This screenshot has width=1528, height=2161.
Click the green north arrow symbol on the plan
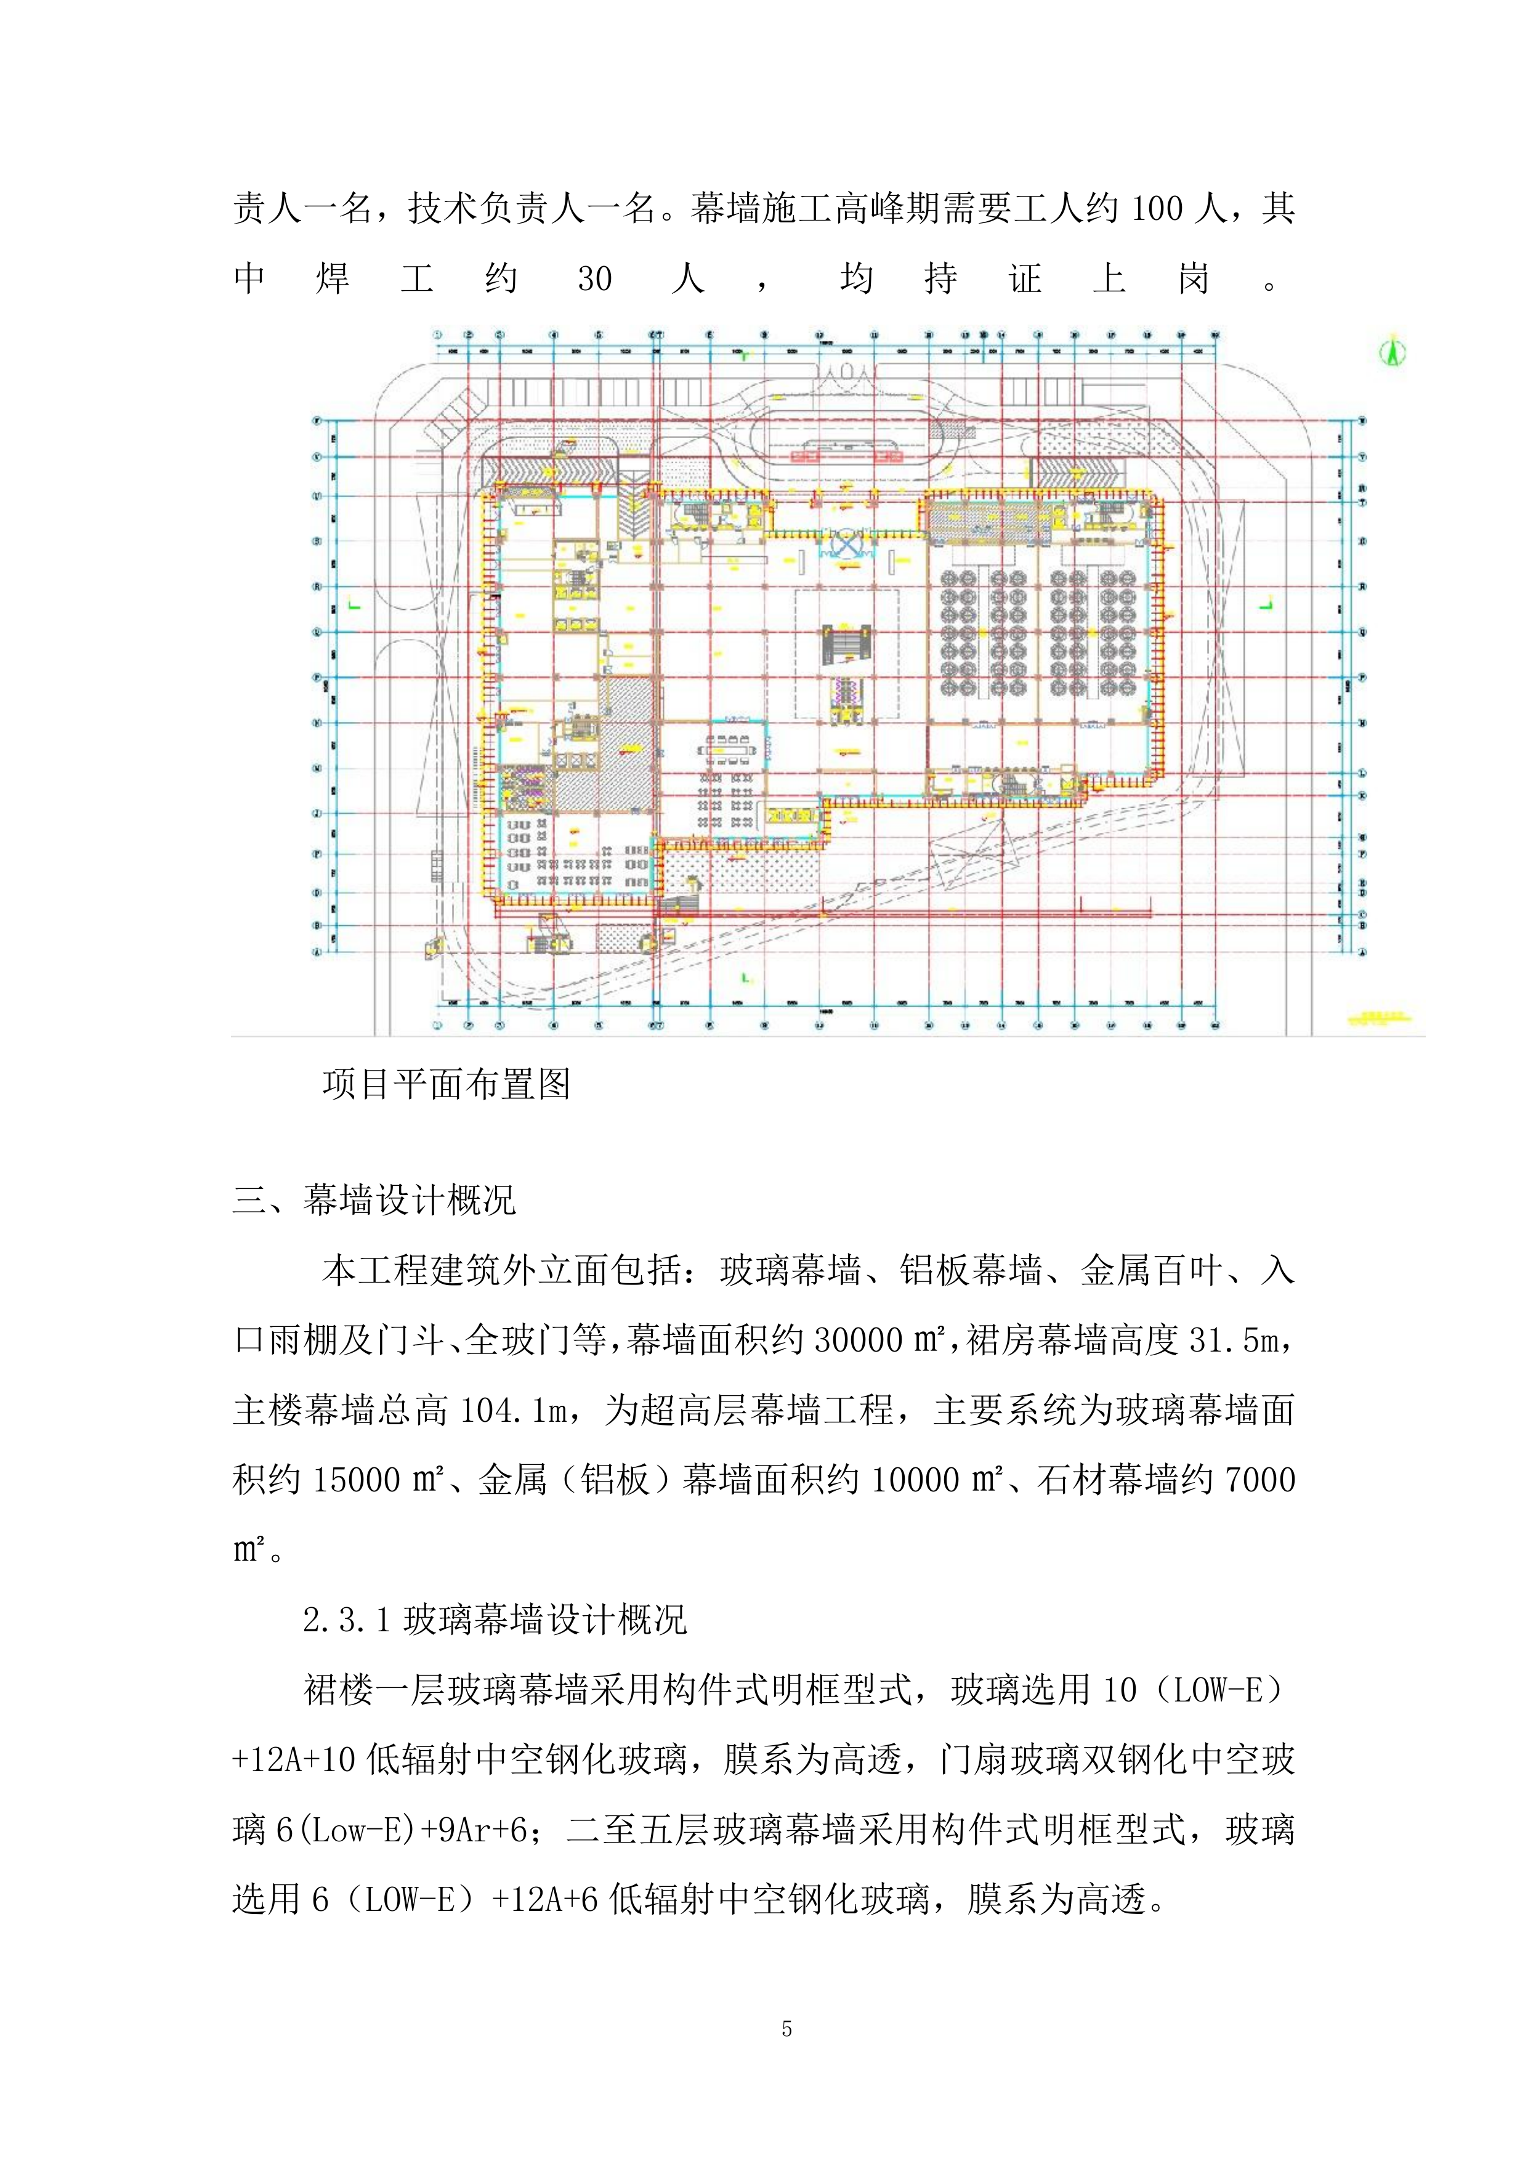(x=1393, y=353)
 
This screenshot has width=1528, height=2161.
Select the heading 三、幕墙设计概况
(x=374, y=1200)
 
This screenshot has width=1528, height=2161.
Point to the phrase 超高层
(x=693, y=1411)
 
